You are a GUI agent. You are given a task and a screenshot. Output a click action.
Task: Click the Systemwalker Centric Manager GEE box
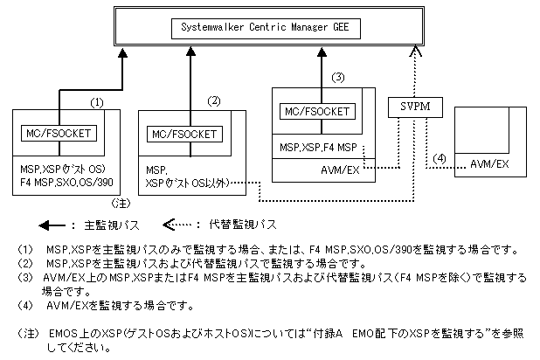266,29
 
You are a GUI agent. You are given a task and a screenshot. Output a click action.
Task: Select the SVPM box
415,107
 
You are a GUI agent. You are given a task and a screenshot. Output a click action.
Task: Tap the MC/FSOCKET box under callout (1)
59,134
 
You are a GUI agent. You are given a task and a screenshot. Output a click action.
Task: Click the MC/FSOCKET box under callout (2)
184,134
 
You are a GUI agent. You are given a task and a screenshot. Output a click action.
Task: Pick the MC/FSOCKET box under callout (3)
317,112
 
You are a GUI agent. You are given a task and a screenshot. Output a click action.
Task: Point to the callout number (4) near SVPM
440,158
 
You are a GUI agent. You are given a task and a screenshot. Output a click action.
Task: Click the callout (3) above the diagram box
338,78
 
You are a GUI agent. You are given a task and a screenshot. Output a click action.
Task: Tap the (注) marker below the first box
121,204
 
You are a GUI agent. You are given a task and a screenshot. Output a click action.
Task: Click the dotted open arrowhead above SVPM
416,51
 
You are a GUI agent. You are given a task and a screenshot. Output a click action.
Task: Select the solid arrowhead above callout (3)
322,52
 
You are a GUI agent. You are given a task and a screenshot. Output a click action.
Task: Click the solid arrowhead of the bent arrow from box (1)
122,52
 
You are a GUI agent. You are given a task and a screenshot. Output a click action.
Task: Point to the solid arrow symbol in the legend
52,225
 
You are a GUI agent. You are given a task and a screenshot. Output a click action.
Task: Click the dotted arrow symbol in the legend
177,225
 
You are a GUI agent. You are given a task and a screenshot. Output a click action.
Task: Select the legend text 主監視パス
112,225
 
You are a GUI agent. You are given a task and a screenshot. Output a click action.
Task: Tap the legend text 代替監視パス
243,225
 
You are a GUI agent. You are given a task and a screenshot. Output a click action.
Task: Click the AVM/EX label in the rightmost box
489,164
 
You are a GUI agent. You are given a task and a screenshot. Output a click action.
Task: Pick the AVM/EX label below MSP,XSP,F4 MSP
340,170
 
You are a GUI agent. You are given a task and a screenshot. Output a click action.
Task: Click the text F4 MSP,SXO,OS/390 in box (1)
66,183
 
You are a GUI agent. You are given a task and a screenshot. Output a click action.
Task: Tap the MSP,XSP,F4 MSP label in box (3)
318,148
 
